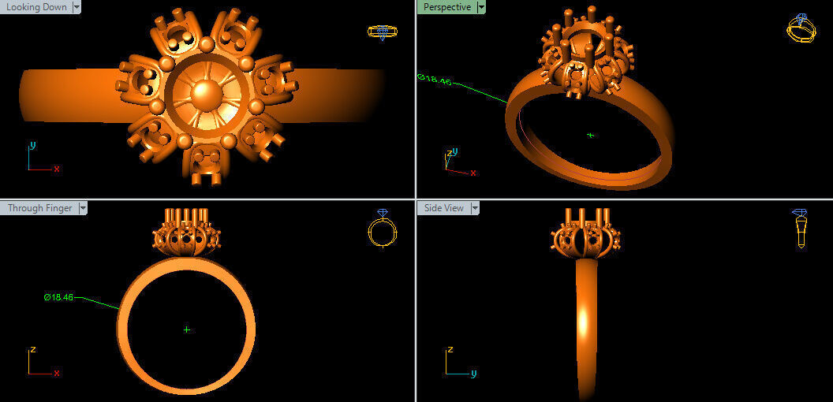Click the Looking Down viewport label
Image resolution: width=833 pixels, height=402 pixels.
(36, 7)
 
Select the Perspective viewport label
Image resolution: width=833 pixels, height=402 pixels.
(446, 7)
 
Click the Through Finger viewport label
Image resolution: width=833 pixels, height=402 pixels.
(39, 208)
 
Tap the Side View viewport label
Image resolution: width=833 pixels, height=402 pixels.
(443, 208)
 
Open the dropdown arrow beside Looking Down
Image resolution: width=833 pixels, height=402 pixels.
(77, 7)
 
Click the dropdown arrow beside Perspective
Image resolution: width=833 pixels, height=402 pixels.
(481, 7)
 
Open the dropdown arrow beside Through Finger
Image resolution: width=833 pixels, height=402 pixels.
(83, 208)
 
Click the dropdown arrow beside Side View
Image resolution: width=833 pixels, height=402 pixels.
(475, 208)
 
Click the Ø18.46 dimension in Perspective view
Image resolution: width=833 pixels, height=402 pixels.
(435, 78)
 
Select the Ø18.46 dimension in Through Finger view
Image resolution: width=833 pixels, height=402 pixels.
(58, 297)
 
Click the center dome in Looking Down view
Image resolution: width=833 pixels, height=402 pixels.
(207, 94)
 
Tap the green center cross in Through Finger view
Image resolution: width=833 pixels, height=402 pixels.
(186, 329)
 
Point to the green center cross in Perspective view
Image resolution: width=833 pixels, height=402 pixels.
(590, 135)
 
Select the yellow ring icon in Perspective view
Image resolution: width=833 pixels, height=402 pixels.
(800, 29)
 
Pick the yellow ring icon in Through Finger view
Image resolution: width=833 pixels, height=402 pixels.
(382, 229)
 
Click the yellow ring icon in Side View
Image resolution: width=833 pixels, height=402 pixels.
(800, 228)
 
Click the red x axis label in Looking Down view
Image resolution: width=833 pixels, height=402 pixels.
(57, 169)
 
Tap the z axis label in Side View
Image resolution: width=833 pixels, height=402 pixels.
(450, 348)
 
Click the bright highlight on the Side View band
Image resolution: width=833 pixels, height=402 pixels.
(585, 321)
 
